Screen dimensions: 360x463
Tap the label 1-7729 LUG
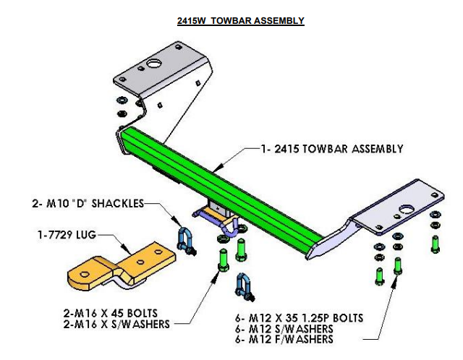(x=70, y=234)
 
